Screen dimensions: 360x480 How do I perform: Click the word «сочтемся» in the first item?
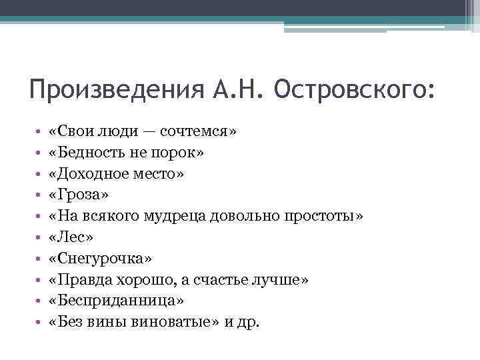click(200, 131)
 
